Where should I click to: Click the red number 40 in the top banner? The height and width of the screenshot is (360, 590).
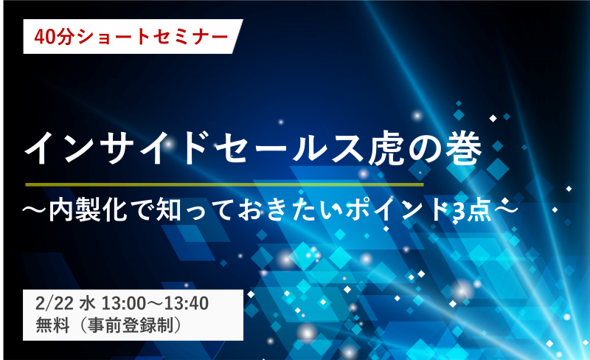click(44, 37)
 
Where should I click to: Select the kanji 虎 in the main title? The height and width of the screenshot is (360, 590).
click(386, 148)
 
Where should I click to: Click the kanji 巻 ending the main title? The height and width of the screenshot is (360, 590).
click(464, 148)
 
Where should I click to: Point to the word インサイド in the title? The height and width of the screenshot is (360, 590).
click(117, 148)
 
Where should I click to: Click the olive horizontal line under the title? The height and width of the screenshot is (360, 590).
click(224, 184)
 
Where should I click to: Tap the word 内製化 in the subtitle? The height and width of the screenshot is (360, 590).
click(87, 210)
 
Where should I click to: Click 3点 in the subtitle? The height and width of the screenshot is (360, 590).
click(472, 210)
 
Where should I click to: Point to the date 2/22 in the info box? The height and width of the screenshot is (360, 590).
click(54, 303)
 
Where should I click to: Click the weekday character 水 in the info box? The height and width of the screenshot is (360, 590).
click(87, 303)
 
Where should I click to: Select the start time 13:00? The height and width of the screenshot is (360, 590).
click(124, 303)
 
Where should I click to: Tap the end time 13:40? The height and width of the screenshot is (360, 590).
click(187, 303)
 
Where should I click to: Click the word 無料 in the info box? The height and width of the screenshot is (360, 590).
click(52, 325)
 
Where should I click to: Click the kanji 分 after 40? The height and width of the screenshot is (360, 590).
click(64, 37)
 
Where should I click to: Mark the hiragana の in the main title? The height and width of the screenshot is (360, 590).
click(426, 149)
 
